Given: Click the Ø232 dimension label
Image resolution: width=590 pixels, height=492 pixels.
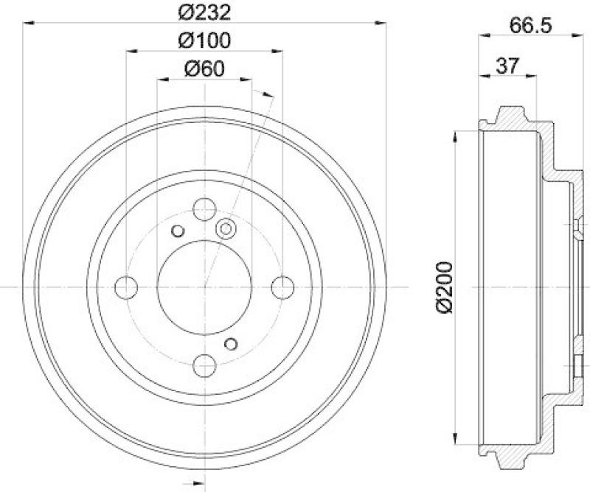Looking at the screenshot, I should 205,12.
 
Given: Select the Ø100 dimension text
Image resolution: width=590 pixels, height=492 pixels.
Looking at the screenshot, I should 205,41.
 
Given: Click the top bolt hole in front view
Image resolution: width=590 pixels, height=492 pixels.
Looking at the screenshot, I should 204,208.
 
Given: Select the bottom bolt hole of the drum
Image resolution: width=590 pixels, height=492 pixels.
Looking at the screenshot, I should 204,364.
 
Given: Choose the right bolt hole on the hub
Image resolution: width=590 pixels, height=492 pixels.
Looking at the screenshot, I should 282,287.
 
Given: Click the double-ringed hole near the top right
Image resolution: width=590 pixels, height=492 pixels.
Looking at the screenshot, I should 225,230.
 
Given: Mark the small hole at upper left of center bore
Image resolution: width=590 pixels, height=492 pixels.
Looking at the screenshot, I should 177,231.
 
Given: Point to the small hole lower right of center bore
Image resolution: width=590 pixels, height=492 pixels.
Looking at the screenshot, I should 232,343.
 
